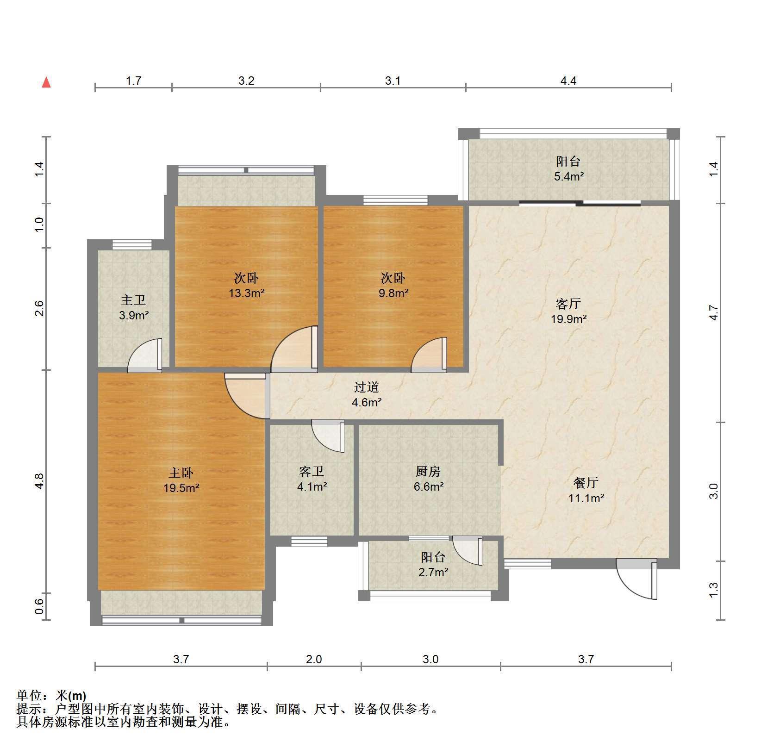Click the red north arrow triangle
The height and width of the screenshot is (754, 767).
[x=46, y=83]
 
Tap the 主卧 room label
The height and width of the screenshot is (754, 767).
[x=181, y=473]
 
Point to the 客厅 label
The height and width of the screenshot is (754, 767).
[x=568, y=304]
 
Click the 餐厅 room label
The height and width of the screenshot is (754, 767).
[x=586, y=483]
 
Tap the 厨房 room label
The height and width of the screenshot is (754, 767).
[x=428, y=471]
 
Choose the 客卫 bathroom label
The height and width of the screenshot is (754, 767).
[x=311, y=471]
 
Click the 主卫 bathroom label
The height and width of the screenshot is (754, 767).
[x=133, y=300]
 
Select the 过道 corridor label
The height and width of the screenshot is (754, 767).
[x=367, y=386]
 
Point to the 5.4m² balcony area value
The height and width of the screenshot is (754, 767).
[x=568, y=176]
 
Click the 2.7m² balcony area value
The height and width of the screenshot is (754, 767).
[x=433, y=572]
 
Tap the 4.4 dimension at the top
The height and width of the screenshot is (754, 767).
[x=568, y=81]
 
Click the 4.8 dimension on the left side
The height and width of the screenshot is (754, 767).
[x=40, y=481]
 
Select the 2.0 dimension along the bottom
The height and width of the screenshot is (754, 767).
[x=314, y=659]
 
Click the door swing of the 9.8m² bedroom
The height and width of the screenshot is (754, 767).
[x=429, y=355]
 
